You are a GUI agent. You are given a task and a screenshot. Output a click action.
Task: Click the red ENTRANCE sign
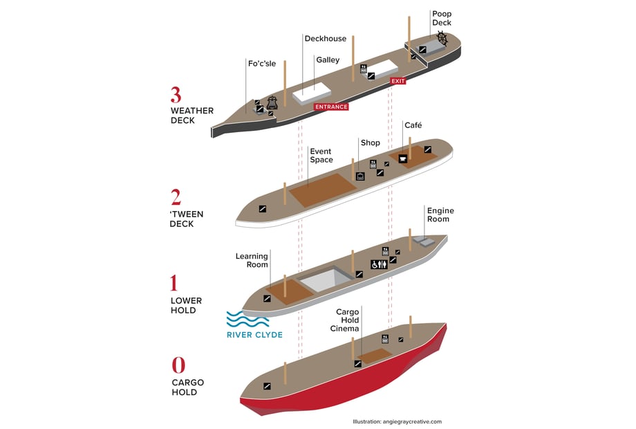(331, 107)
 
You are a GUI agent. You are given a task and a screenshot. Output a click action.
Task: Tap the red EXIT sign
(398, 81)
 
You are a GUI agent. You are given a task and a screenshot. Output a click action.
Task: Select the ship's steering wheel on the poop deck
(442, 42)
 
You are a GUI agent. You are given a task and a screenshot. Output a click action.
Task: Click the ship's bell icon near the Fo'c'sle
(272, 102)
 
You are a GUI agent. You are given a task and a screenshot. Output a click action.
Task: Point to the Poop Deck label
(442, 18)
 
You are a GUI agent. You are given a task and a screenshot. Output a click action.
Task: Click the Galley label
(328, 60)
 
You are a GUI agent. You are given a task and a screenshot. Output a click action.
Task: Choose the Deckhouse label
(325, 39)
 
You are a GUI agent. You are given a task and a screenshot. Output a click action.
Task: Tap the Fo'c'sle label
(261, 64)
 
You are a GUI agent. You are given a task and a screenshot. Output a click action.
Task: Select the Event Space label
(321, 156)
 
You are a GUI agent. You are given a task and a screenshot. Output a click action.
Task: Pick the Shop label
(370, 143)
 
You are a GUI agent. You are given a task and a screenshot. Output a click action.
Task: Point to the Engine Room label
(440, 214)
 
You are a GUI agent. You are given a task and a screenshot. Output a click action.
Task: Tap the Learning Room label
(252, 261)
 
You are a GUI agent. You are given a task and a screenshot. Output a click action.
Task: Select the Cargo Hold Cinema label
(348, 320)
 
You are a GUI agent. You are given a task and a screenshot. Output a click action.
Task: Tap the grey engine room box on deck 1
(424, 241)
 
